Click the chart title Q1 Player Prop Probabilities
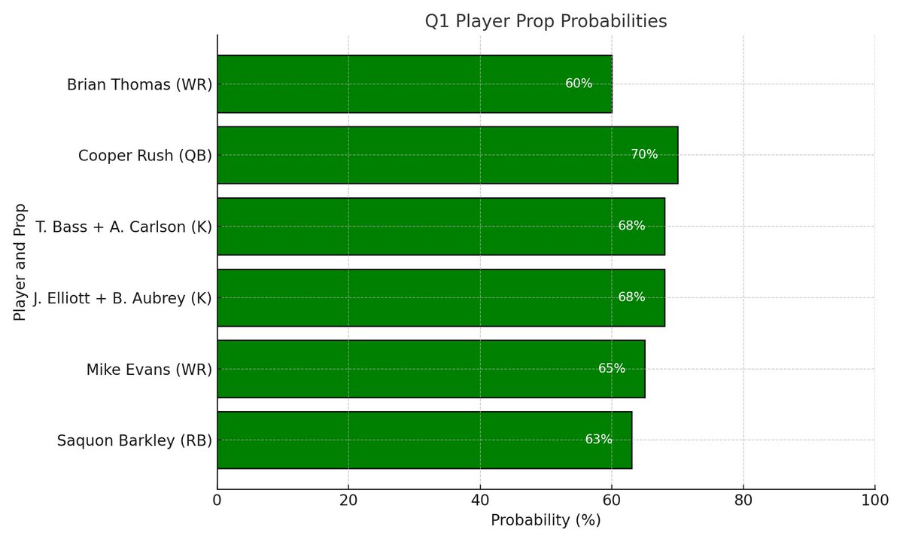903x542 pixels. tap(546, 22)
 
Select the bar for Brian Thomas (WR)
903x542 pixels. tap(414, 84)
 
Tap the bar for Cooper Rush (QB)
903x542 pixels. tap(447, 155)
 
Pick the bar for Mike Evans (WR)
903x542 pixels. tap(430, 369)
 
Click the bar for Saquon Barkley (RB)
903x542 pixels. tap(424, 440)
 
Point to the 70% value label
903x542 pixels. tap(644, 154)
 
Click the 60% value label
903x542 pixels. tap(579, 84)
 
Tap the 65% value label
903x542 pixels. tap(611, 368)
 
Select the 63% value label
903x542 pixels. tap(598, 440)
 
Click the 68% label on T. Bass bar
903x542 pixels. tap(631, 226)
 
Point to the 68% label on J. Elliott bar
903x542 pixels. tap(631, 297)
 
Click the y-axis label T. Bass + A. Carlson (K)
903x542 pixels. tap(123, 227)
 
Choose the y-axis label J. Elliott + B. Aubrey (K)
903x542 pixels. tap(122, 298)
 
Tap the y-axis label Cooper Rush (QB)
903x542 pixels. tap(144, 156)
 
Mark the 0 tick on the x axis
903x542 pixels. tap(217, 500)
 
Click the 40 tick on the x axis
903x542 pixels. tap(480, 500)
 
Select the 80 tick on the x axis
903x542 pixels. tap(743, 500)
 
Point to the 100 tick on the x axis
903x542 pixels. tap(874, 500)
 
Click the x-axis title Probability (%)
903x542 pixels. tap(546, 520)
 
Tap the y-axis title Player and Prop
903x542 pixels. tap(20, 262)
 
